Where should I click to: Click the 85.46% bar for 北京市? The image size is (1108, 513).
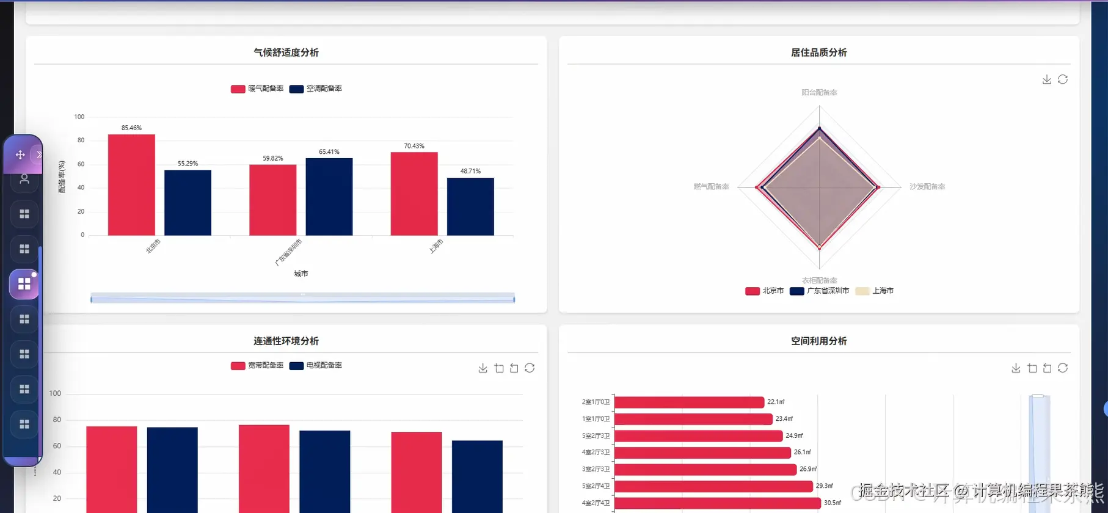coord(131,184)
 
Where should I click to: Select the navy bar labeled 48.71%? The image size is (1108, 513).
coord(470,206)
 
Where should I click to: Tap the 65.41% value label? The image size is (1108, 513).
coord(329,152)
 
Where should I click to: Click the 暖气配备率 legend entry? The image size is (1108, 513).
coord(257,89)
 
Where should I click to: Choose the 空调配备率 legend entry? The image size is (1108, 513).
coord(316,89)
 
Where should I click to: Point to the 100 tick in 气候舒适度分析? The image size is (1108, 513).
coord(79,117)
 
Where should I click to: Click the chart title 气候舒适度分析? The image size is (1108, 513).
coord(286,53)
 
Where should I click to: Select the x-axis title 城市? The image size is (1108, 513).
coord(301,274)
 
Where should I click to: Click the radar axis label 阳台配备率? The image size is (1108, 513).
coord(819,93)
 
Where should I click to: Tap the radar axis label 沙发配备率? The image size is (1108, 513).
coord(927,187)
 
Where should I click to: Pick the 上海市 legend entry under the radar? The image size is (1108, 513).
coord(875,291)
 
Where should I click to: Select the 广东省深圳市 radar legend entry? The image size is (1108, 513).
coord(820,291)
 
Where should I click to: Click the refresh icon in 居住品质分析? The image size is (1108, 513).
coord(1063,79)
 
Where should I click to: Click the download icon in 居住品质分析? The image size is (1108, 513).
coord(1047,79)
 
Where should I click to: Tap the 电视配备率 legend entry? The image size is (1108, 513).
coord(316,365)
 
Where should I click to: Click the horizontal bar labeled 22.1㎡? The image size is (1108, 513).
coord(689,402)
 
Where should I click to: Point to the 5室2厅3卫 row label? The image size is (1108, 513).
coord(596,435)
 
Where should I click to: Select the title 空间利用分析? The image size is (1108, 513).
coord(818,341)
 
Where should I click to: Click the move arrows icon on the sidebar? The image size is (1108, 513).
coord(20,155)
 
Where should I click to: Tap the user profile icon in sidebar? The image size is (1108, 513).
coord(24,179)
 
